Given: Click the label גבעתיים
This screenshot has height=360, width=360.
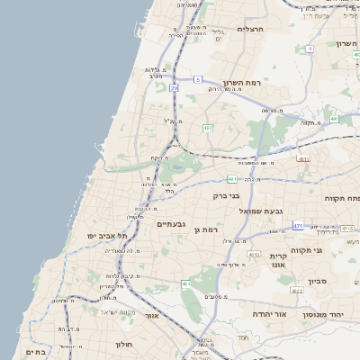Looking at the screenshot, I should click(x=171, y=223).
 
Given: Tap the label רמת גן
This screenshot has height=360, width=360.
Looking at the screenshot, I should click(x=206, y=230).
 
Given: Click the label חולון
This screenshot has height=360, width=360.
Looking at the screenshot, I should click(x=123, y=344).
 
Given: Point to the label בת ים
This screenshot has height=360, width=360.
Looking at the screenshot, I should click(x=36, y=352).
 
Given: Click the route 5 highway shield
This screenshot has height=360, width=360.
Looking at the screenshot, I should click(x=197, y=80).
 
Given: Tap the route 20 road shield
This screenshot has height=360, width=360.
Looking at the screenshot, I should click(x=175, y=88).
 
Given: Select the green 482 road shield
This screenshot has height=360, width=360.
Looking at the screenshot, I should click(x=208, y=128).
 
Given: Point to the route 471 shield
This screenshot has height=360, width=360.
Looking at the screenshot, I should click(x=298, y=226).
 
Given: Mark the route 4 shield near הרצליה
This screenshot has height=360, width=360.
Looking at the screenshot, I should click(x=310, y=49).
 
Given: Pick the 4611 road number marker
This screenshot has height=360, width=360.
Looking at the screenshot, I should click(x=303, y=159).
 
